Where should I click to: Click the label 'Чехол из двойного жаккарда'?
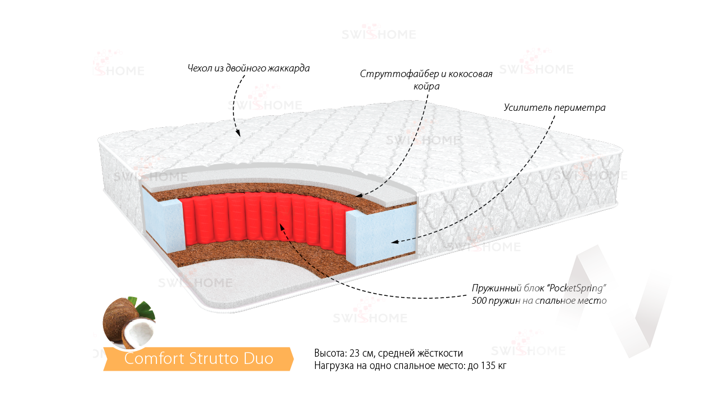click(249, 69)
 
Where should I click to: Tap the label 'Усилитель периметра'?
click(554, 107)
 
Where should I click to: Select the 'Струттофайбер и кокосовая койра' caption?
click(426, 80)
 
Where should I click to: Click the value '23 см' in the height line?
click(361, 353)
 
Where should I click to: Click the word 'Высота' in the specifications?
click(330, 353)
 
